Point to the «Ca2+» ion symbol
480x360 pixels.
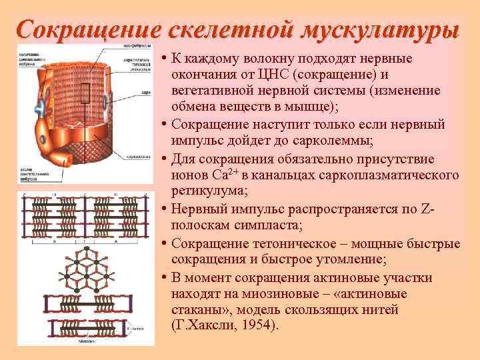click(225, 175)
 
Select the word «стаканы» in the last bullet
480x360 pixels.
click(193, 309)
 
